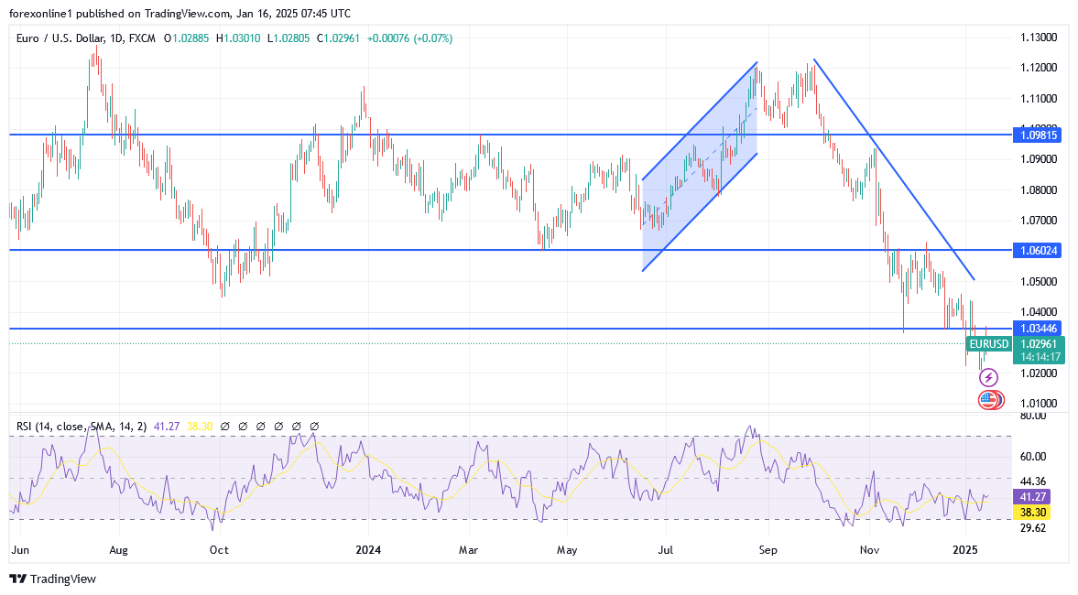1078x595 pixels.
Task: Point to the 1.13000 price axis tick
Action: pos(1040,38)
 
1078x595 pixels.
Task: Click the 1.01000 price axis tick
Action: pos(1040,404)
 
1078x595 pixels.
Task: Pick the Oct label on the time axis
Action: pos(218,550)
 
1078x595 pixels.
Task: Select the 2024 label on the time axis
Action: pos(368,550)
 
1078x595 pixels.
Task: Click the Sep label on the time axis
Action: pos(768,550)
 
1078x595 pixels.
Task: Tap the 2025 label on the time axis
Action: pos(966,550)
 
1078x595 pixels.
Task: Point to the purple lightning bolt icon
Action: pos(988,377)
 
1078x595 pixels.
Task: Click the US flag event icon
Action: pos(987,399)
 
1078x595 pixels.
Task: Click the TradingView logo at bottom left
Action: pos(52,579)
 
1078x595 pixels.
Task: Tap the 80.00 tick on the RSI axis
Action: pos(1033,416)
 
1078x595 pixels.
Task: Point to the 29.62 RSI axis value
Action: pos(1033,527)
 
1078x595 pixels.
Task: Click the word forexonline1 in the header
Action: pos(43,14)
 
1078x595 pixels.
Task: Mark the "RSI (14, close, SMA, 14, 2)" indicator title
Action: pos(78,427)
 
